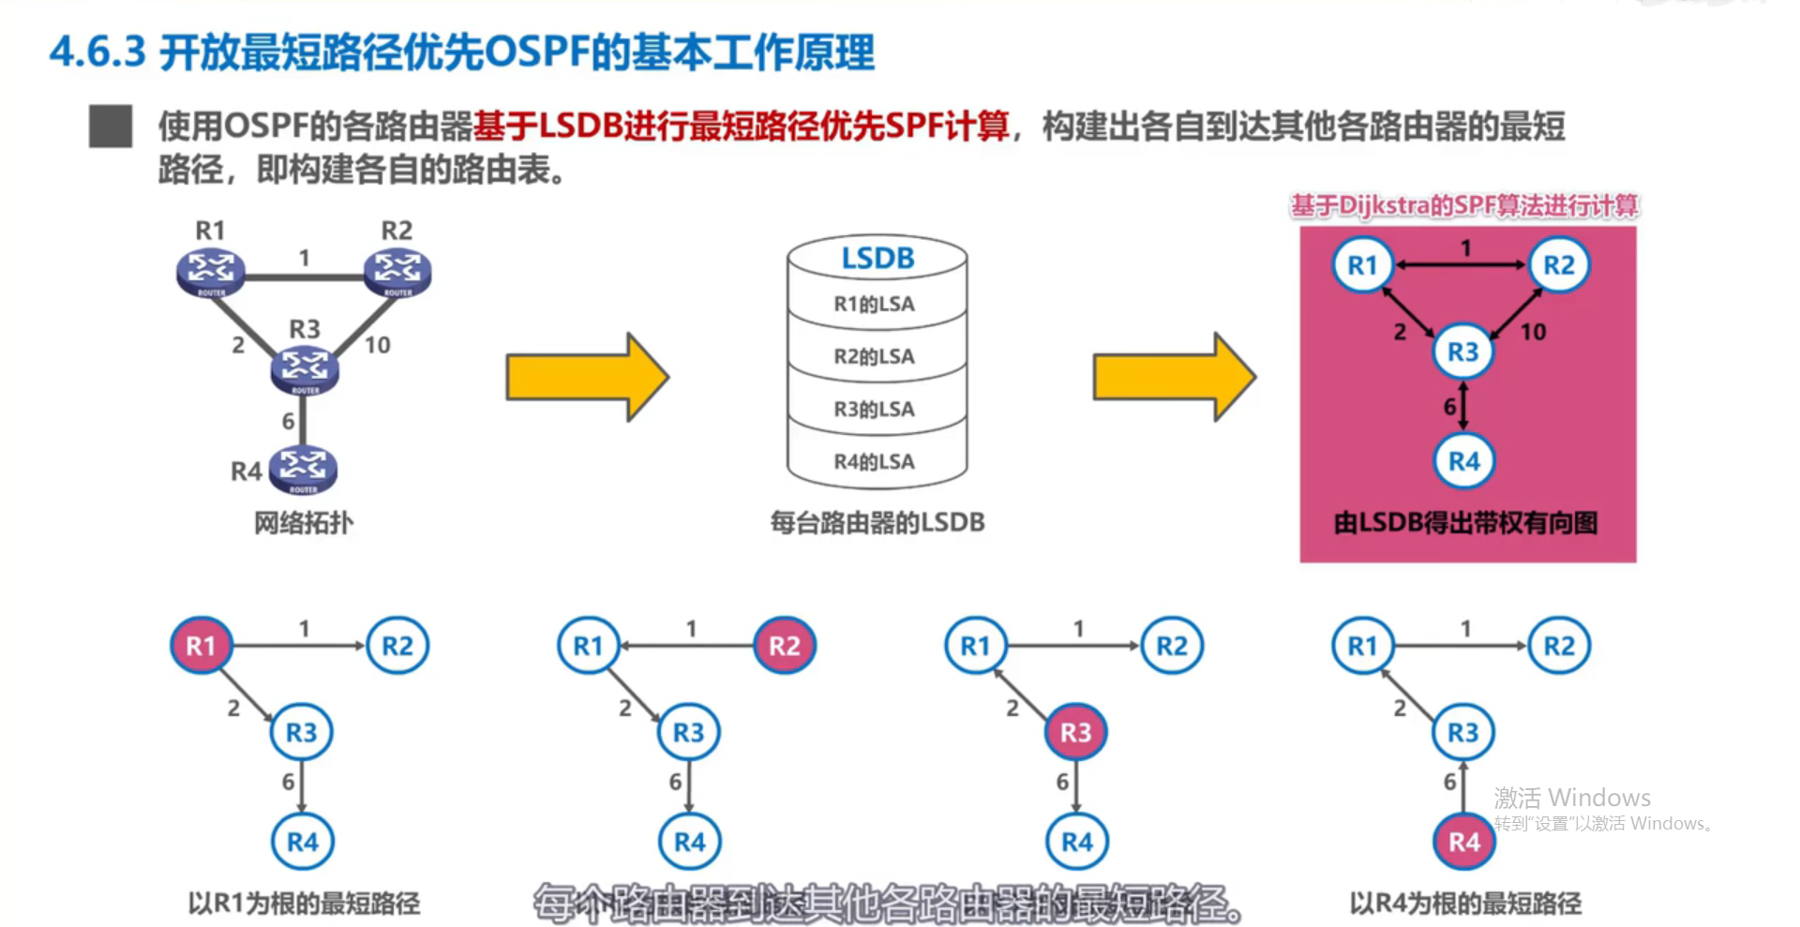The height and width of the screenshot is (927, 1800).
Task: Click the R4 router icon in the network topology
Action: coord(303,469)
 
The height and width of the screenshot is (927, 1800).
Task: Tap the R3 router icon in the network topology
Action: coord(305,367)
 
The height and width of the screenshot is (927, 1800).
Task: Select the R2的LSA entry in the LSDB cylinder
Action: coord(874,356)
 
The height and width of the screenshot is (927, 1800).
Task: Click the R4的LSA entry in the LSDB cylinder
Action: coord(874,461)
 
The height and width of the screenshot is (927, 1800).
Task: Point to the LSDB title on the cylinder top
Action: coord(877,258)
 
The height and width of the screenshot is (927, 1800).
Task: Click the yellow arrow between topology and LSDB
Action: coord(586,377)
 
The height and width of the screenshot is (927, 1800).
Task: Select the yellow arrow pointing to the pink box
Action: coord(1173,377)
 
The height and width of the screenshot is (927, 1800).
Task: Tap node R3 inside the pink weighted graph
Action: coord(1462,351)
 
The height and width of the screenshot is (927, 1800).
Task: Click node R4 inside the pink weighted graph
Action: coord(1463,461)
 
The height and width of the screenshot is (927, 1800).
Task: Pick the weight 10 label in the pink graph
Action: coord(1533,332)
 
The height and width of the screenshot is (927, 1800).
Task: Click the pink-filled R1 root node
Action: coord(201,646)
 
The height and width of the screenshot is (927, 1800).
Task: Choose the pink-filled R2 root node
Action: coord(785,646)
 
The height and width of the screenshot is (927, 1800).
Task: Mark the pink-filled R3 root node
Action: coord(1075,732)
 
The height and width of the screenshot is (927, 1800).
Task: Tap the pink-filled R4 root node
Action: coord(1463,842)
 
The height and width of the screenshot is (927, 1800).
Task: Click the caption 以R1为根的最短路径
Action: coord(304,904)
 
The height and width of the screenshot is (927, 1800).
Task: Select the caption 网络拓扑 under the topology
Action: coord(304,523)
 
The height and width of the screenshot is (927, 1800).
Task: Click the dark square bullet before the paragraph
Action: coord(111,127)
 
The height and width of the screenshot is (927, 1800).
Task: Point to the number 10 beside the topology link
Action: coord(377,345)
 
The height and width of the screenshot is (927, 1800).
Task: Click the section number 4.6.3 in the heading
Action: coord(97,52)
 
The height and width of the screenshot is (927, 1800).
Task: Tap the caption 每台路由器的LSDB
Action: coord(877,523)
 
